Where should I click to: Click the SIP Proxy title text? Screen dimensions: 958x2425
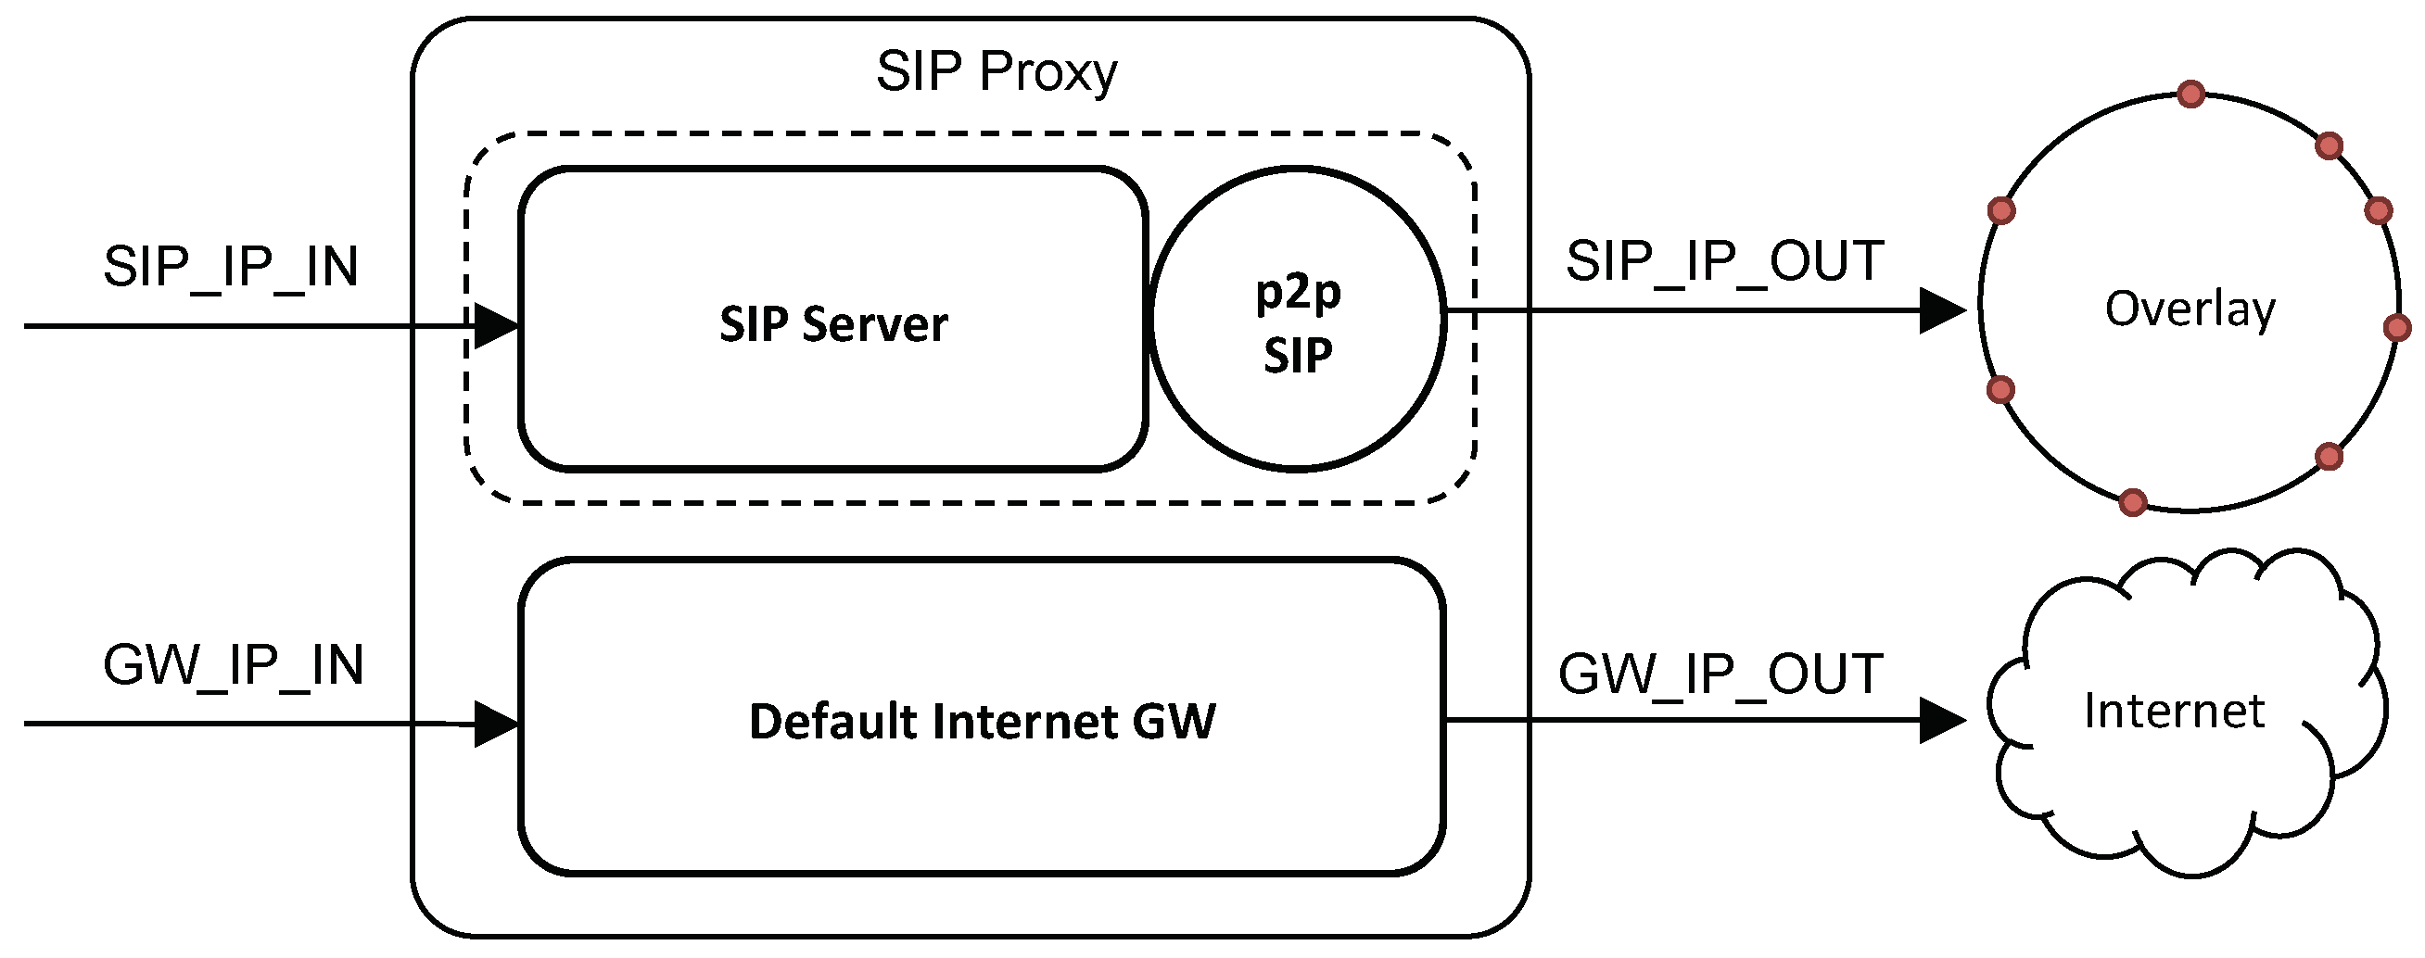coord(996,71)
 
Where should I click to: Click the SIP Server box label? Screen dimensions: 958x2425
coord(833,323)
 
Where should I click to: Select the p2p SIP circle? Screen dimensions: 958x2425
coord(1297,320)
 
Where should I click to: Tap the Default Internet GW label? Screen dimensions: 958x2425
coord(981,722)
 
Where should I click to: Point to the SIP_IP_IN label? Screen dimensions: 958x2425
coord(231,266)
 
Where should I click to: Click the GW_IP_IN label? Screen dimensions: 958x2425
coord(233,665)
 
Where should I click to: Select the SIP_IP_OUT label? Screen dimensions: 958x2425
coord(1724,260)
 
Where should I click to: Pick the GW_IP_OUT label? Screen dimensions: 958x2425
coord(1720,674)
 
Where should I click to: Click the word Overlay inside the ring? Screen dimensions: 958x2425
coord(2190,309)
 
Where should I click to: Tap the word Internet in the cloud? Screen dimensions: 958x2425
coord(2174,711)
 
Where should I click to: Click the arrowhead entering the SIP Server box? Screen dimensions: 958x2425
coord(496,326)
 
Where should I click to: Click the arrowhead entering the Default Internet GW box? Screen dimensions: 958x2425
coord(496,724)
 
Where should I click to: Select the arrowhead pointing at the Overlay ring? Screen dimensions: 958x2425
coord(1941,310)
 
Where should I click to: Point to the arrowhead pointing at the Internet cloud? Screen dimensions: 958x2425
coord(1941,721)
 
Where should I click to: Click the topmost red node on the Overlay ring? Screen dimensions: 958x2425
coord(2191,95)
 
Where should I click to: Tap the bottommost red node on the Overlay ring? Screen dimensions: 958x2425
coord(2133,502)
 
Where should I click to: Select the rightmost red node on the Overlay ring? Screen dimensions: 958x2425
coord(2397,327)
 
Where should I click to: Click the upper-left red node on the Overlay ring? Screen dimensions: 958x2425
coord(2001,210)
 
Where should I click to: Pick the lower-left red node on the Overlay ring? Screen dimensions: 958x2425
coord(2000,388)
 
